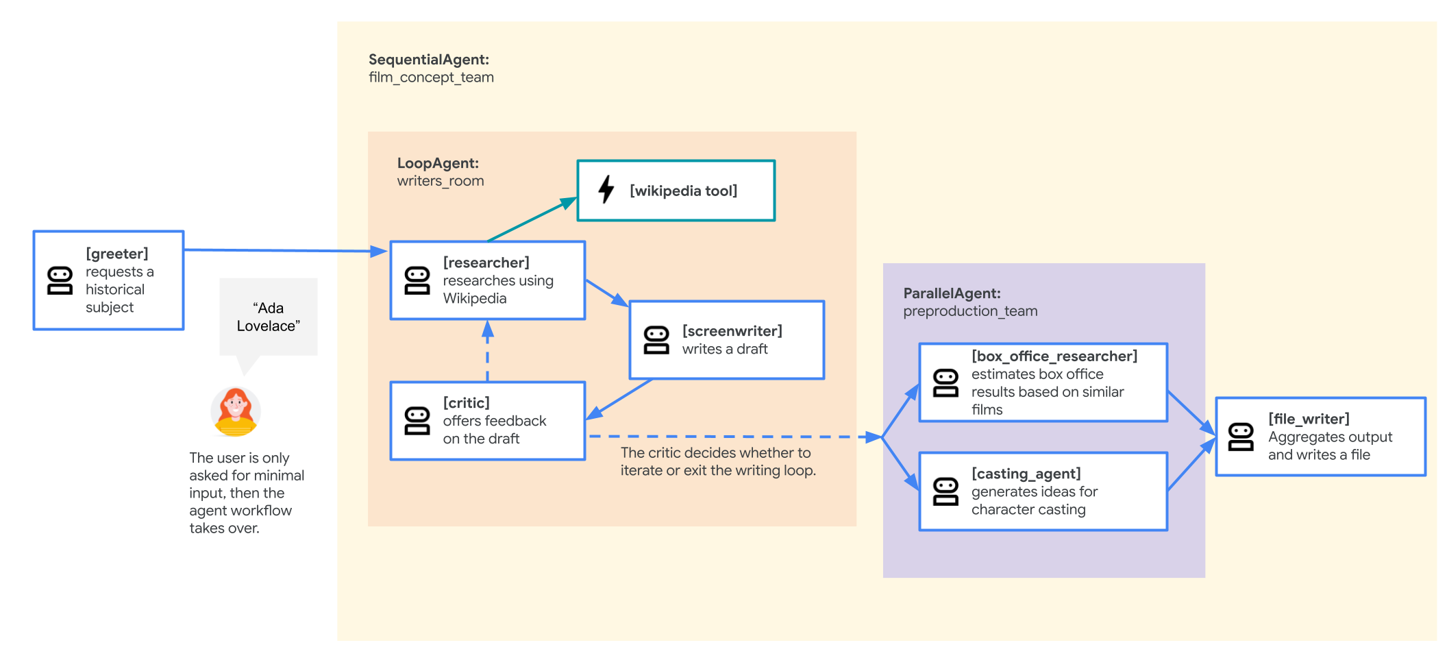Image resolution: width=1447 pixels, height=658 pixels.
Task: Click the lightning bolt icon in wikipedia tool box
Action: (606, 190)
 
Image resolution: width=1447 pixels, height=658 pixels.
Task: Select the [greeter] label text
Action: (116, 254)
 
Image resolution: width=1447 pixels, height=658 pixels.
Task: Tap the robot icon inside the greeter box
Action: (60, 281)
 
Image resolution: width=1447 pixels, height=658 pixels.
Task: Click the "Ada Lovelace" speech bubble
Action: (269, 317)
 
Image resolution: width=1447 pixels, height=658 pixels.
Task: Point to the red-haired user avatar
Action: (235, 412)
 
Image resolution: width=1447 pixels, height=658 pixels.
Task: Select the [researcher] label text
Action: (486, 263)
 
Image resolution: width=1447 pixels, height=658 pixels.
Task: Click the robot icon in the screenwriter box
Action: (656, 341)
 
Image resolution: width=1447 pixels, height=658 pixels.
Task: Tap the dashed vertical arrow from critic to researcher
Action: (487, 351)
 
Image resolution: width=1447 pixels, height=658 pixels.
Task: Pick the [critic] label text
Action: (466, 403)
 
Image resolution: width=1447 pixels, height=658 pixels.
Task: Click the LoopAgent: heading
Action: (438, 163)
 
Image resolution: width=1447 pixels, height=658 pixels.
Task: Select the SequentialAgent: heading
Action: (428, 60)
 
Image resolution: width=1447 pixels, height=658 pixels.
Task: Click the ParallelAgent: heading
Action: (952, 293)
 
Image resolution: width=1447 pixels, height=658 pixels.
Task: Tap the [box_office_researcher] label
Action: (1054, 356)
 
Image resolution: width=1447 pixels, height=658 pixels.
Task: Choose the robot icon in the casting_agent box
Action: (945, 492)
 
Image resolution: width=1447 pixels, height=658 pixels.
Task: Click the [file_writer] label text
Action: (1309, 419)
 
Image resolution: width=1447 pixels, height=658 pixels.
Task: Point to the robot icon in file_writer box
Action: (1241, 437)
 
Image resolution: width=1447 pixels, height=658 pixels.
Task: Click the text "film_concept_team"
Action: (431, 77)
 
